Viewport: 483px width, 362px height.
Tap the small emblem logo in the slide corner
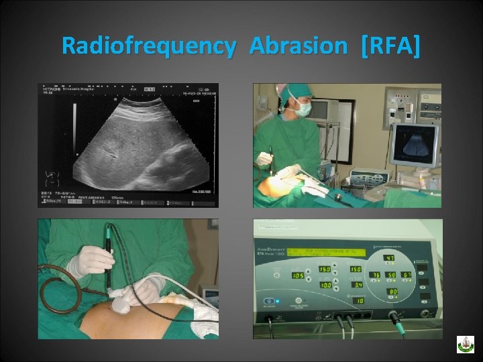[465, 344]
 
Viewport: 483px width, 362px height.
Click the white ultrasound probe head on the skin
[122, 304]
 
